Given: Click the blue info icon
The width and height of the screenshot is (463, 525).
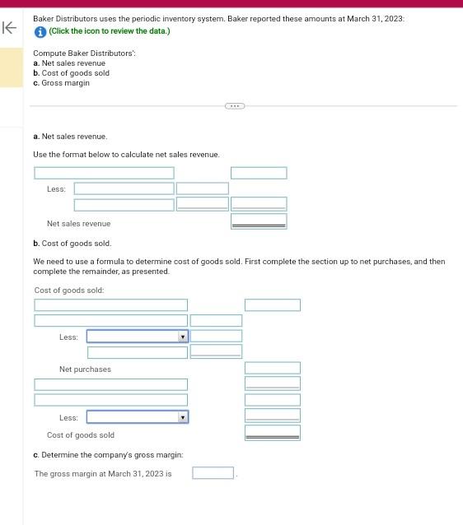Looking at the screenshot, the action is coord(40,31).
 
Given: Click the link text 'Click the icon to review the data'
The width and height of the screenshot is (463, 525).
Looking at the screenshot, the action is coord(109,31).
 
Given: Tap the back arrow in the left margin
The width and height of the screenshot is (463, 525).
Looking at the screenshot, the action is coord(10,29).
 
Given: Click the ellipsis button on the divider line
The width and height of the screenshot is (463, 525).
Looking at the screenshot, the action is coord(234,105).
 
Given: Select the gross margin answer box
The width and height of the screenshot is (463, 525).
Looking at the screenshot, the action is coord(213,473).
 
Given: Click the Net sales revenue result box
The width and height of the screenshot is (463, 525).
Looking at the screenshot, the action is coord(259,221).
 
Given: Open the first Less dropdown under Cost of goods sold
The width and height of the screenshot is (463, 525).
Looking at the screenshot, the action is coord(138,337).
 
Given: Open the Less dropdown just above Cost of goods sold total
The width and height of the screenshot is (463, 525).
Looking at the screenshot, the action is coord(138,417).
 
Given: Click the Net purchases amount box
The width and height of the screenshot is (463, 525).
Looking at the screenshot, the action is coord(272,368).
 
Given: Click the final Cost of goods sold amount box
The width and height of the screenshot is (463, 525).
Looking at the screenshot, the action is coord(272,432).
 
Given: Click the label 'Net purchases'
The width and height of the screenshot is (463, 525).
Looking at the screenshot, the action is coord(85,369).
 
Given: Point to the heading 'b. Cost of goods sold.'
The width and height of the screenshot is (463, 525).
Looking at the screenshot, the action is coord(72,244).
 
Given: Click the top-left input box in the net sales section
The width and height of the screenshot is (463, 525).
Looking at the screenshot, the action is coord(104,173).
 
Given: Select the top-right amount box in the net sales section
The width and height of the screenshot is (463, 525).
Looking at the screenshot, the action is coord(259,173).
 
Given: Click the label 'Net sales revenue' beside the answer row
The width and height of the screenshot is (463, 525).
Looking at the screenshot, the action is coord(78,224).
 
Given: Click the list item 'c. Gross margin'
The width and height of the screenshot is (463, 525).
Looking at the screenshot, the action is coord(61,83).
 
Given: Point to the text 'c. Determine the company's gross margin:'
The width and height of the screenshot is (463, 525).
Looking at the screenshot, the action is coord(108,455).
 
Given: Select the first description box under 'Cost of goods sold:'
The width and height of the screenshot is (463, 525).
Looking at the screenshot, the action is coord(110,305).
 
